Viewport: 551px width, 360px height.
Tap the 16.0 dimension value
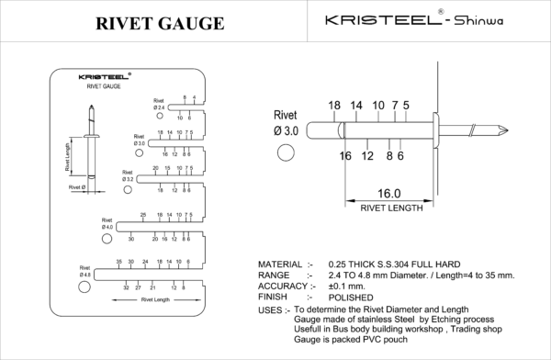pyautogui.click(x=388, y=194)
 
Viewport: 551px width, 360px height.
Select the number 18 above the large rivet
pyautogui.click(x=333, y=106)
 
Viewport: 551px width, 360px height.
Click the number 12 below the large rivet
pyautogui.click(x=368, y=157)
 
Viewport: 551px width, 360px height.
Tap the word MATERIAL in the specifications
pyautogui.click(x=283, y=264)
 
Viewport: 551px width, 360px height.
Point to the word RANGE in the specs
pyautogui.click(x=275, y=275)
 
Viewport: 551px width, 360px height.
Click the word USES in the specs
pyautogui.click(x=272, y=309)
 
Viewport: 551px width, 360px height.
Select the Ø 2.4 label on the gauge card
pyautogui.click(x=160, y=107)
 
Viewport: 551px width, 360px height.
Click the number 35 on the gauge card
pyautogui.click(x=119, y=263)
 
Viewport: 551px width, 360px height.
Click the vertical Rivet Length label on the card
pyautogui.click(x=67, y=156)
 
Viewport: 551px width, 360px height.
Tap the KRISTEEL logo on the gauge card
pyautogui.click(x=103, y=76)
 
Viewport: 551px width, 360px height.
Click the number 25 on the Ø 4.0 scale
pyautogui.click(x=143, y=214)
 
